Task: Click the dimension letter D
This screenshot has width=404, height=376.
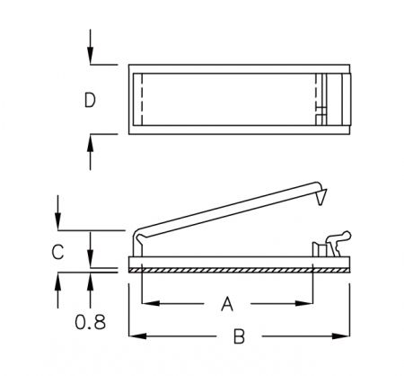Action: coord(90,100)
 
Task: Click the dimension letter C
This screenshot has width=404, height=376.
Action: coord(57,252)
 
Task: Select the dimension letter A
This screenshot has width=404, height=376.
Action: coord(227,303)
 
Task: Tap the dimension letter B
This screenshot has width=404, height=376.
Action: coord(239,336)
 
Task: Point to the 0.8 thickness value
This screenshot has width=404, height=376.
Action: coord(90,322)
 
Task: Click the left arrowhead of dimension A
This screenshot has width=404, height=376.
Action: coord(150,303)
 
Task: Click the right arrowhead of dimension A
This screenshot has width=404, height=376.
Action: coord(303,303)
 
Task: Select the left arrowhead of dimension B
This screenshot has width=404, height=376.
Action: coord(137,336)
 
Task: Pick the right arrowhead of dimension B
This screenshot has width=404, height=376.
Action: coord(340,336)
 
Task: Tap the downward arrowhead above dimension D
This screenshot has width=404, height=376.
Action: coord(91,56)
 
